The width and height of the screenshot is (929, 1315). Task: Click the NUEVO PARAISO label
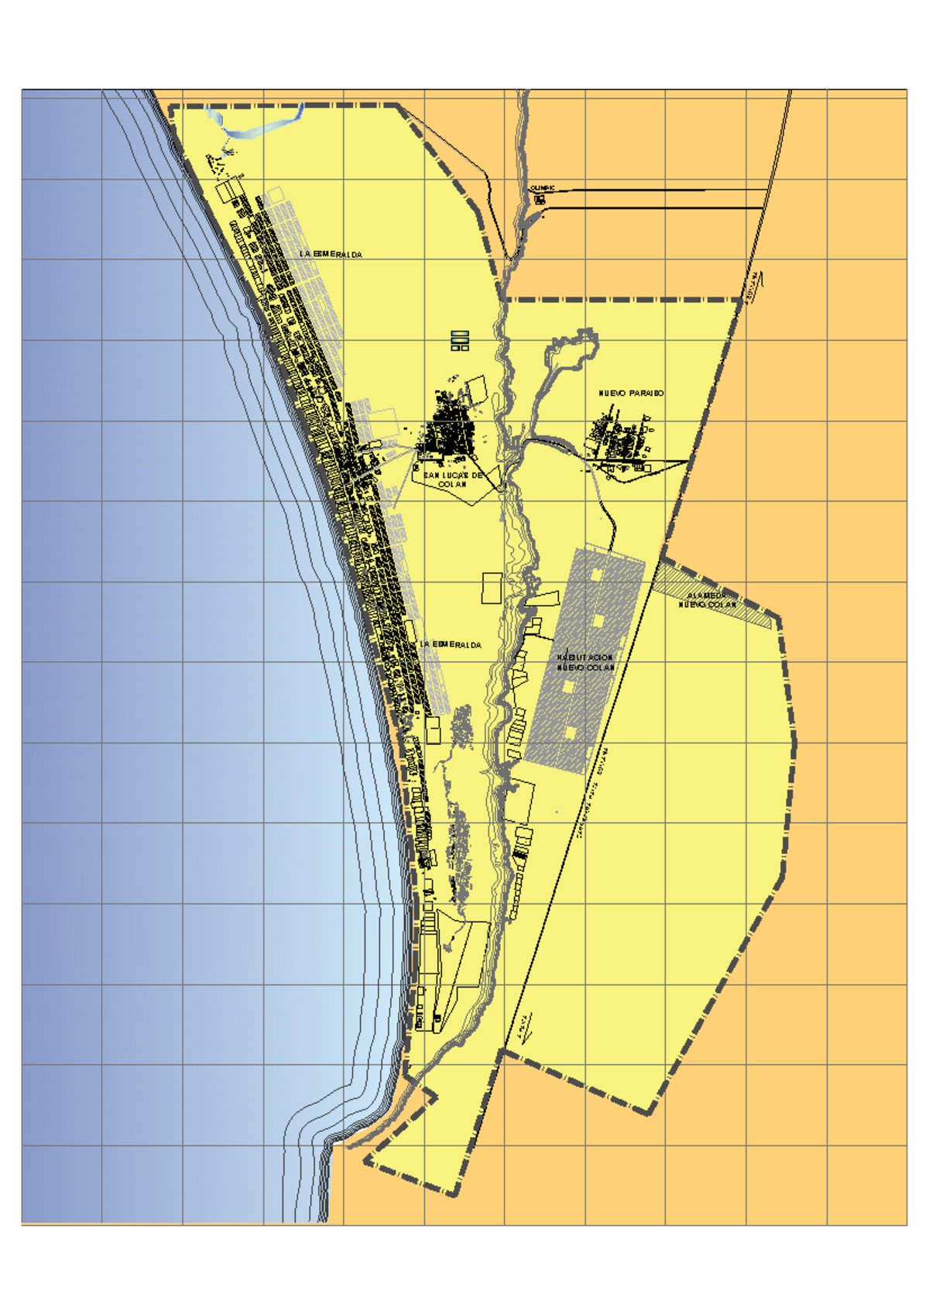(x=631, y=393)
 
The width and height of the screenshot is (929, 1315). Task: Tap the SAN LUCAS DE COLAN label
(x=453, y=479)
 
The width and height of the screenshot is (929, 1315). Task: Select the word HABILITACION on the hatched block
(x=584, y=657)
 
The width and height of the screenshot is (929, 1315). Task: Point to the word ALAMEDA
(x=705, y=596)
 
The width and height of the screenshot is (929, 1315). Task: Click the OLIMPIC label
(x=542, y=188)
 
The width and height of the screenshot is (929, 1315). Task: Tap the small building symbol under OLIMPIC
(x=540, y=200)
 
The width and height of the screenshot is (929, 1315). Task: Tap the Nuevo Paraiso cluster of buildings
(x=619, y=441)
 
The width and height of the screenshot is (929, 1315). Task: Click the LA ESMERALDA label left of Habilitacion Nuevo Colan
(x=451, y=644)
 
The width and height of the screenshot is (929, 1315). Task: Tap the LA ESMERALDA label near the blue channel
(x=331, y=254)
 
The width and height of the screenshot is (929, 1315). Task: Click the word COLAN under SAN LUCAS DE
(x=453, y=485)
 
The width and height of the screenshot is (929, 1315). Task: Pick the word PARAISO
(x=646, y=393)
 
